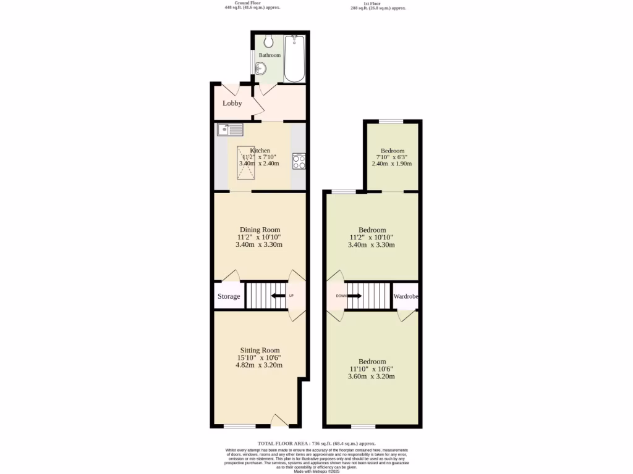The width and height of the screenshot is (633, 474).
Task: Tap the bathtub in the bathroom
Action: pyautogui.click(x=294, y=59)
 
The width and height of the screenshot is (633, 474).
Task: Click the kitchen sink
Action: pyautogui.click(x=230, y=130)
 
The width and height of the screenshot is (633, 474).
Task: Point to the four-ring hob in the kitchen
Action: pyautogui.click(x=299, y=161)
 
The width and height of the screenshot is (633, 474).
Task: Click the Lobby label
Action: pyautogui.click(x=232, y=103)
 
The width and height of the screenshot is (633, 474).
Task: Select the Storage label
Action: pyautogui.click(x=229, y=296)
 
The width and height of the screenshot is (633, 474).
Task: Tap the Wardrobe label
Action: pyautogui.click(x=407, y=296)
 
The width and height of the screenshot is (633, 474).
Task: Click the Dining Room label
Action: pyautogui.click(x=259, y=230)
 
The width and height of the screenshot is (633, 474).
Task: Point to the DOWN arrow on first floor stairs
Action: pyautogui.click(x=354, y=296)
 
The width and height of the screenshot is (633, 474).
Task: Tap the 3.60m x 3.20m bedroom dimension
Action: pyautogui.click(x=373, y=376)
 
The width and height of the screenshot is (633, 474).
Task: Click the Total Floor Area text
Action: pyautogui.click(x=316, y=443)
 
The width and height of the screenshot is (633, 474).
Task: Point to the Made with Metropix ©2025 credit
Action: pyautogui.click(x=316, y=472)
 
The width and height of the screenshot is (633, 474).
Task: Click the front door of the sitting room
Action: pyautogui.click(x=280, y=422)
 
